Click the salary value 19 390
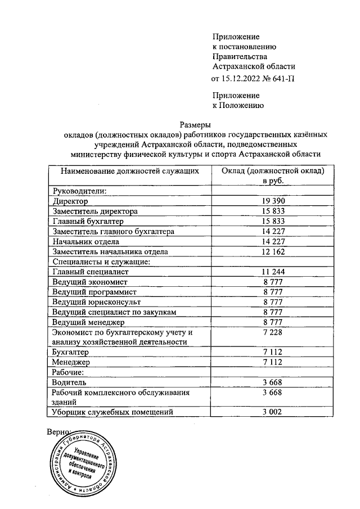[x=272, y=201]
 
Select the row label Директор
[x=70, y=201]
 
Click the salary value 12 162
[x=272, y=251]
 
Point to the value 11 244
[x=272, y=272]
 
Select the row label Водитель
[x=69, y=382]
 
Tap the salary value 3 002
[x=272, y=412]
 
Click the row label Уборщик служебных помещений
[x=111, y=412]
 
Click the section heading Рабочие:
[x=67, y=372]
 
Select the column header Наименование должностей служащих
[x=130, y=171]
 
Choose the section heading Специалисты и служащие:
[x=100, y=262]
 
